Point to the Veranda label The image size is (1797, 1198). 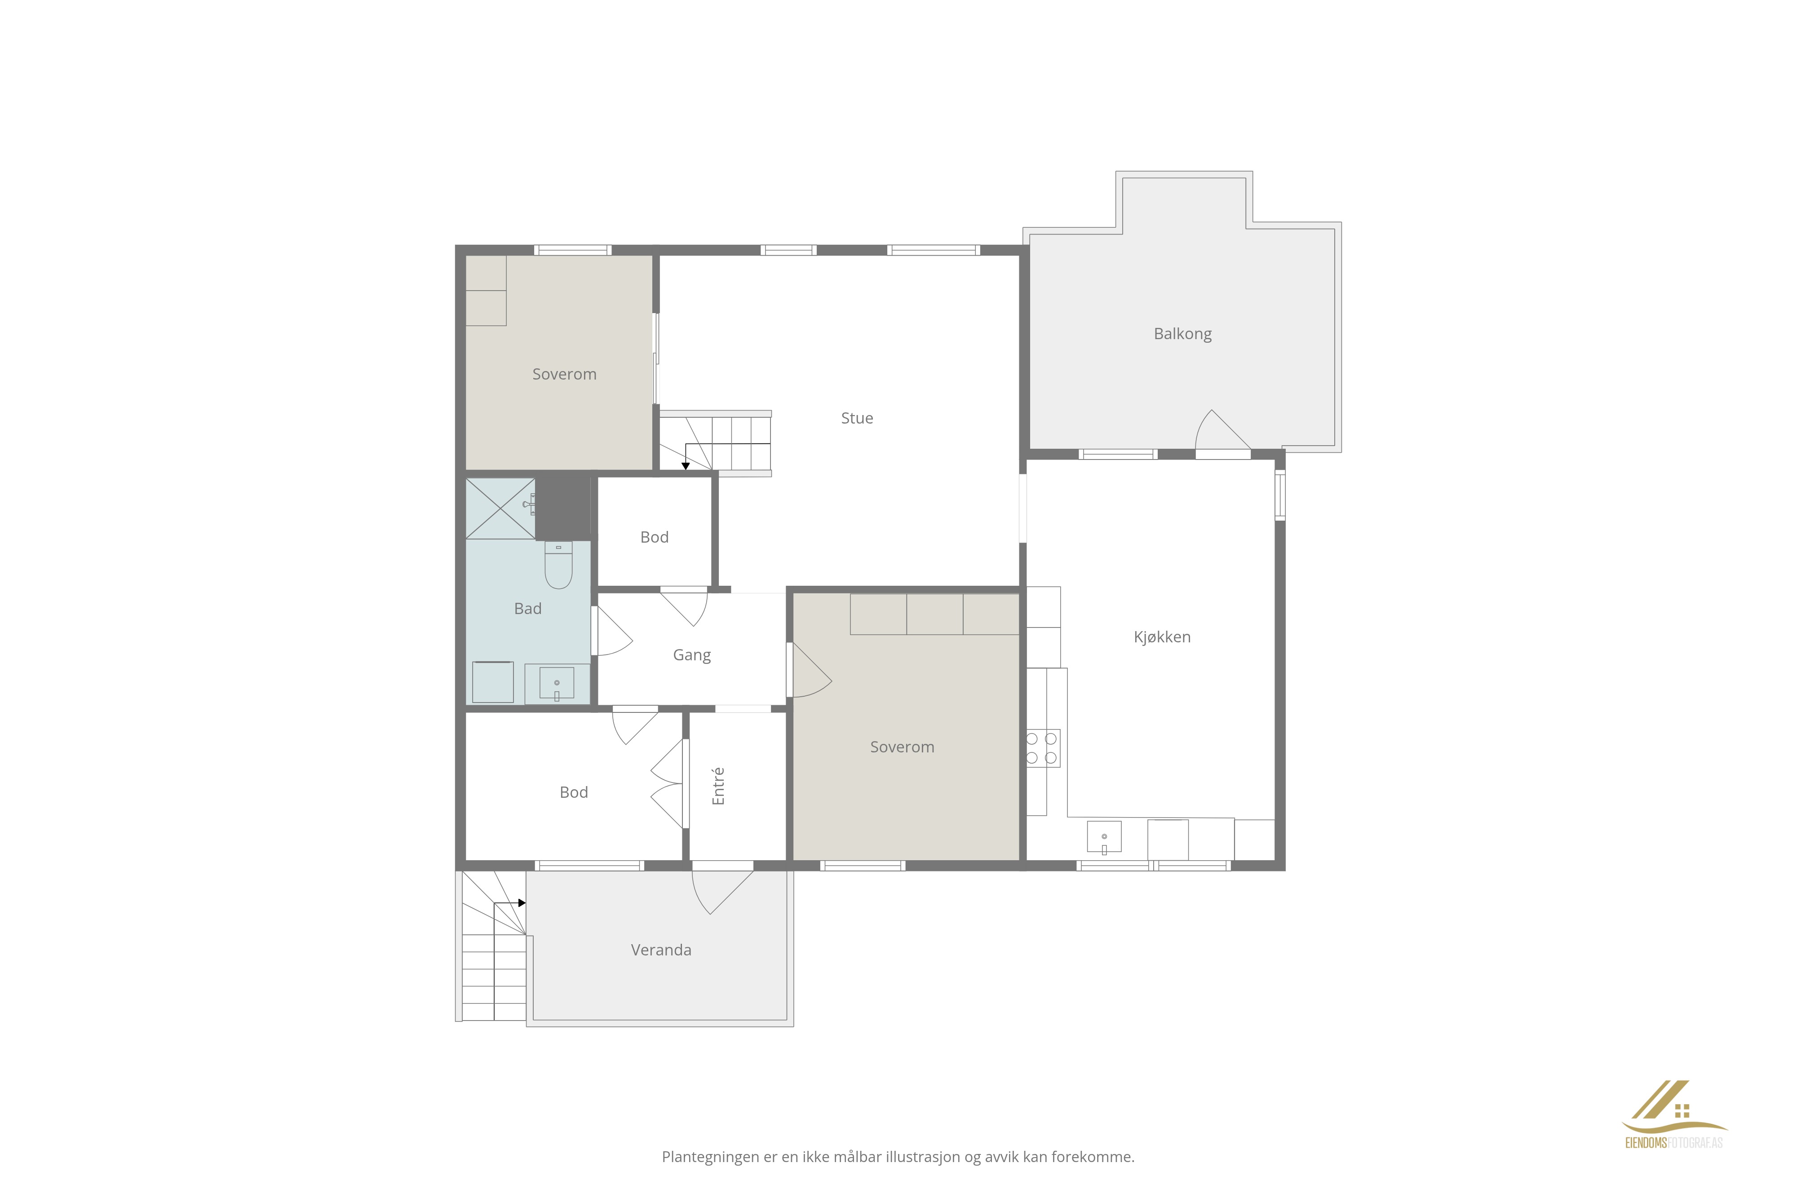tap(661, 950)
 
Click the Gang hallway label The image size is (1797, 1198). tap(691, 655)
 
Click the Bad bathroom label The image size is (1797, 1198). tap(527, 608)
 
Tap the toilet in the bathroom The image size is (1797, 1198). tap(558, 566)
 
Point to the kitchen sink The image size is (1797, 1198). tap(1104, 836)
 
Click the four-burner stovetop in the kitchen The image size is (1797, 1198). tap(1043, 748)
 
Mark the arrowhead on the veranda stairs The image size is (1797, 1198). tap(522, 903)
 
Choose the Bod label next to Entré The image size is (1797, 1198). tap(573, 792)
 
